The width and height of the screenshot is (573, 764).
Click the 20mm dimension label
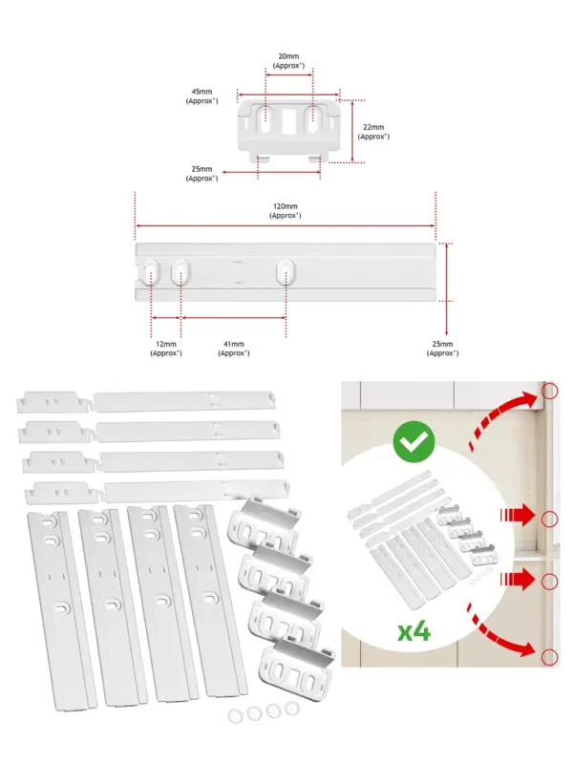tap(289, 61)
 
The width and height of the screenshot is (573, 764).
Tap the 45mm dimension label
tap(202, 96)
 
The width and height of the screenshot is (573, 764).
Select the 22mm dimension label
tap(373, 132)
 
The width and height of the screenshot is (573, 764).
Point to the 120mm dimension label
tap(286, 211)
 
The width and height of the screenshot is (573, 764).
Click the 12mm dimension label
tap(166, 349)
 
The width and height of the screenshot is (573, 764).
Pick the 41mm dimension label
tap(234, 349)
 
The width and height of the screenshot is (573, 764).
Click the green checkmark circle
tap(414, 442)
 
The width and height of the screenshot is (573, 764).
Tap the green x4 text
tap(414, 632)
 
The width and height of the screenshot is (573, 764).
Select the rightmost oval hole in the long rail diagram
tap(286, 272)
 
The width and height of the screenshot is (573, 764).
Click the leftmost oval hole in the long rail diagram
tap(151, 273)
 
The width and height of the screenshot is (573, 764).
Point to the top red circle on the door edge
tap(550, 391)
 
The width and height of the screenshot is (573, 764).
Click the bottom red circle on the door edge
tap(550, 657)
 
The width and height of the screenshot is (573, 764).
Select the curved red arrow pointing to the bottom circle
tap(499, 632)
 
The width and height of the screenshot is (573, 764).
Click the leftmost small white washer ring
tap(235, 715)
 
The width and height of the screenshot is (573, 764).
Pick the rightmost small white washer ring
tap(292, 709)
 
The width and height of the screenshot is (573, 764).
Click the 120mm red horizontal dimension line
tap(285, 226)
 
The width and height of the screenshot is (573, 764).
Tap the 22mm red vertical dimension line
tap(352, 132)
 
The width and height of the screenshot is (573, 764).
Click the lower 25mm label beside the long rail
tap(442, 349)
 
